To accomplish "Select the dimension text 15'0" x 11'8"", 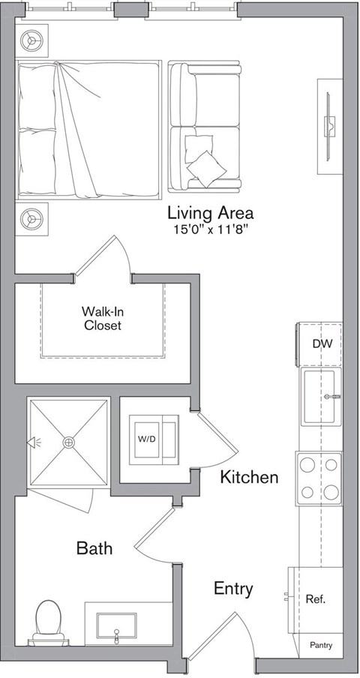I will (x=210, y=229).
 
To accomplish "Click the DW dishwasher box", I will (x=322, y=344).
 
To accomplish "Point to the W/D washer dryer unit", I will (x=155, y=437).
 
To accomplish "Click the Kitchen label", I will (x=249, y=477).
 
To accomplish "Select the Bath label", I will (x=94, y=548).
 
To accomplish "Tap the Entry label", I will (x=232, y=589).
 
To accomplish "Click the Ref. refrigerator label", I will (x=314, y=599).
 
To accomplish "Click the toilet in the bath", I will (x=49, y=619).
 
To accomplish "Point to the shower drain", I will (x=69, y=442).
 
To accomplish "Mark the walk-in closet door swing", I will (x=105, y=259).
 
